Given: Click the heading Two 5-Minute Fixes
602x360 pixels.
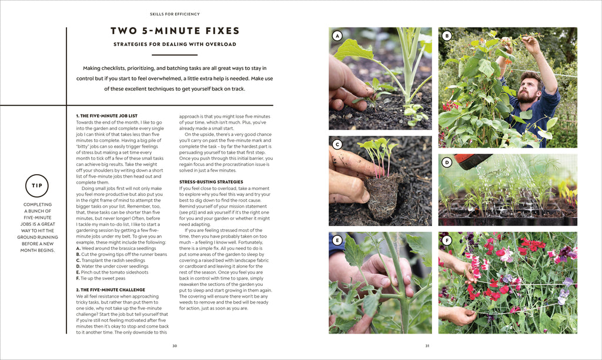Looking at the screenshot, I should coord(175,31).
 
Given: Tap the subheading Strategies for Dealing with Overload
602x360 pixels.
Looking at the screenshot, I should coord(175,44).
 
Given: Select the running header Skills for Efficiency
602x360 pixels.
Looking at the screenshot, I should coord(175,14).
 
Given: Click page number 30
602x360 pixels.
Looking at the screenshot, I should coord(175,346).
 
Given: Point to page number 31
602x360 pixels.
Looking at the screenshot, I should coord(427,346).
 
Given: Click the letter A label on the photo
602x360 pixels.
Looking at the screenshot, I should coord(337,36).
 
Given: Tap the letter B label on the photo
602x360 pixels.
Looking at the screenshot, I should coord(447,36).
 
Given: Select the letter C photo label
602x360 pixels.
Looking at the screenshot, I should coord(337,145).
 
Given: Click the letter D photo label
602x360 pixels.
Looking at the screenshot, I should coord(447,162).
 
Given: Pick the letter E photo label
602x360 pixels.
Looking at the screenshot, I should coord(337,240).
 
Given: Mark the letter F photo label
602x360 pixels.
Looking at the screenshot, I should coord(447,240).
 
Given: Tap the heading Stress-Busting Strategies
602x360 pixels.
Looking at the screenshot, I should coord(210,182).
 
